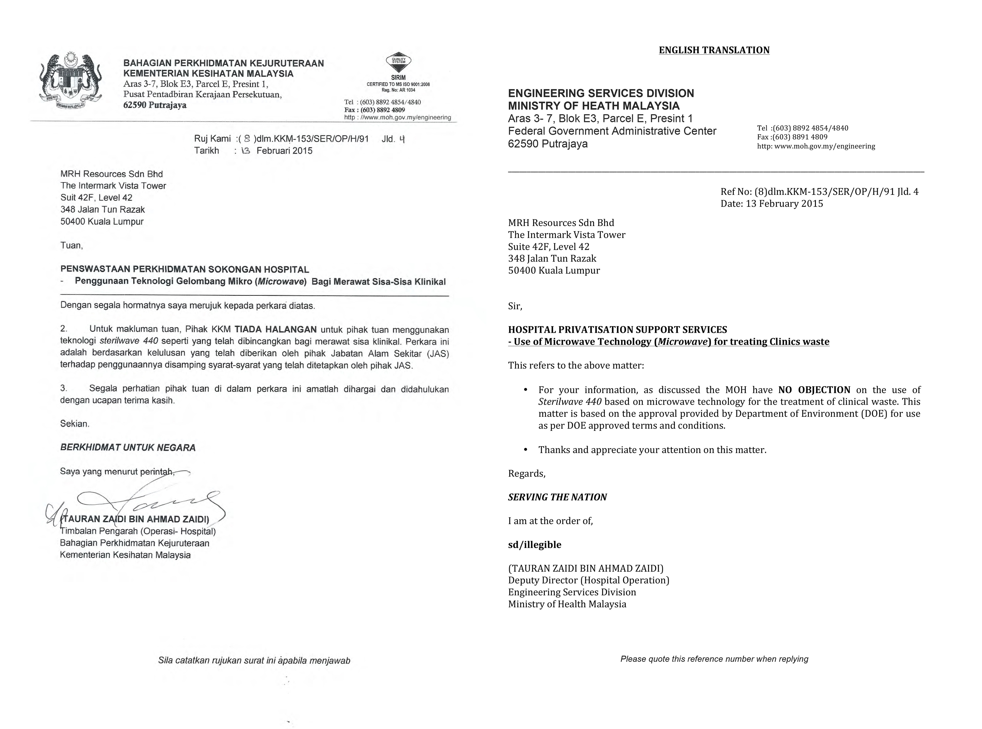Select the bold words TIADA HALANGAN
[275, 329]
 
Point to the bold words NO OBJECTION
[814, 390]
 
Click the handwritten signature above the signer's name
[150, 501]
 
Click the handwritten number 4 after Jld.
[402, 139]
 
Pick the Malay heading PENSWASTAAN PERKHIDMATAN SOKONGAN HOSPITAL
[184, 269]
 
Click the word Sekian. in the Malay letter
[75, 424]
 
